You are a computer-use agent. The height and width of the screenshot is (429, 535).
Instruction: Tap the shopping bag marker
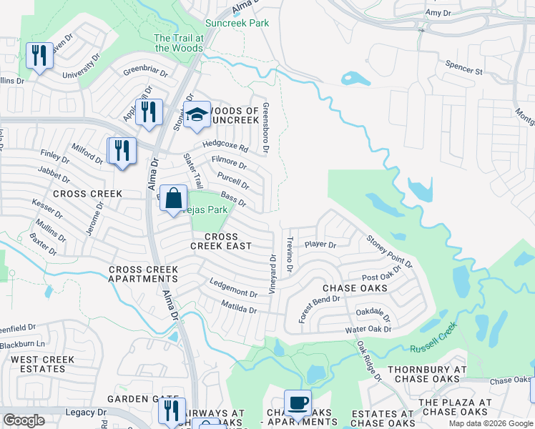click(x=174, y=198)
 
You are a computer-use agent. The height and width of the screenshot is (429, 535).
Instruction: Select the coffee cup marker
click(x=297, y=403)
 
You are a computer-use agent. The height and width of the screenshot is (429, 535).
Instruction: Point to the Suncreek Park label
click(x=237, y=24)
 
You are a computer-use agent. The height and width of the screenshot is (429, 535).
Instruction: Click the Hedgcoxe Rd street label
click(x=225, y=146)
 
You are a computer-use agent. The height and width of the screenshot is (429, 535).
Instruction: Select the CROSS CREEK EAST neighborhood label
click(x=220, y=241)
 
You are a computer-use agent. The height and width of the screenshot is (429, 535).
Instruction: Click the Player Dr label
click(x=320, y=245)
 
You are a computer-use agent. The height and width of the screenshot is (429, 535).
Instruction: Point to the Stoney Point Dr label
click(x=390, y=252)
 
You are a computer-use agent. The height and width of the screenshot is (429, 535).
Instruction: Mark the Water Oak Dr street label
click(x=368, y=330)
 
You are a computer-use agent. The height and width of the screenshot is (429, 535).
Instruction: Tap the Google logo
click(x=24, y=420)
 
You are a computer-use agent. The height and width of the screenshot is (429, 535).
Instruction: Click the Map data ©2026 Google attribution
click(x=490, y=423)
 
